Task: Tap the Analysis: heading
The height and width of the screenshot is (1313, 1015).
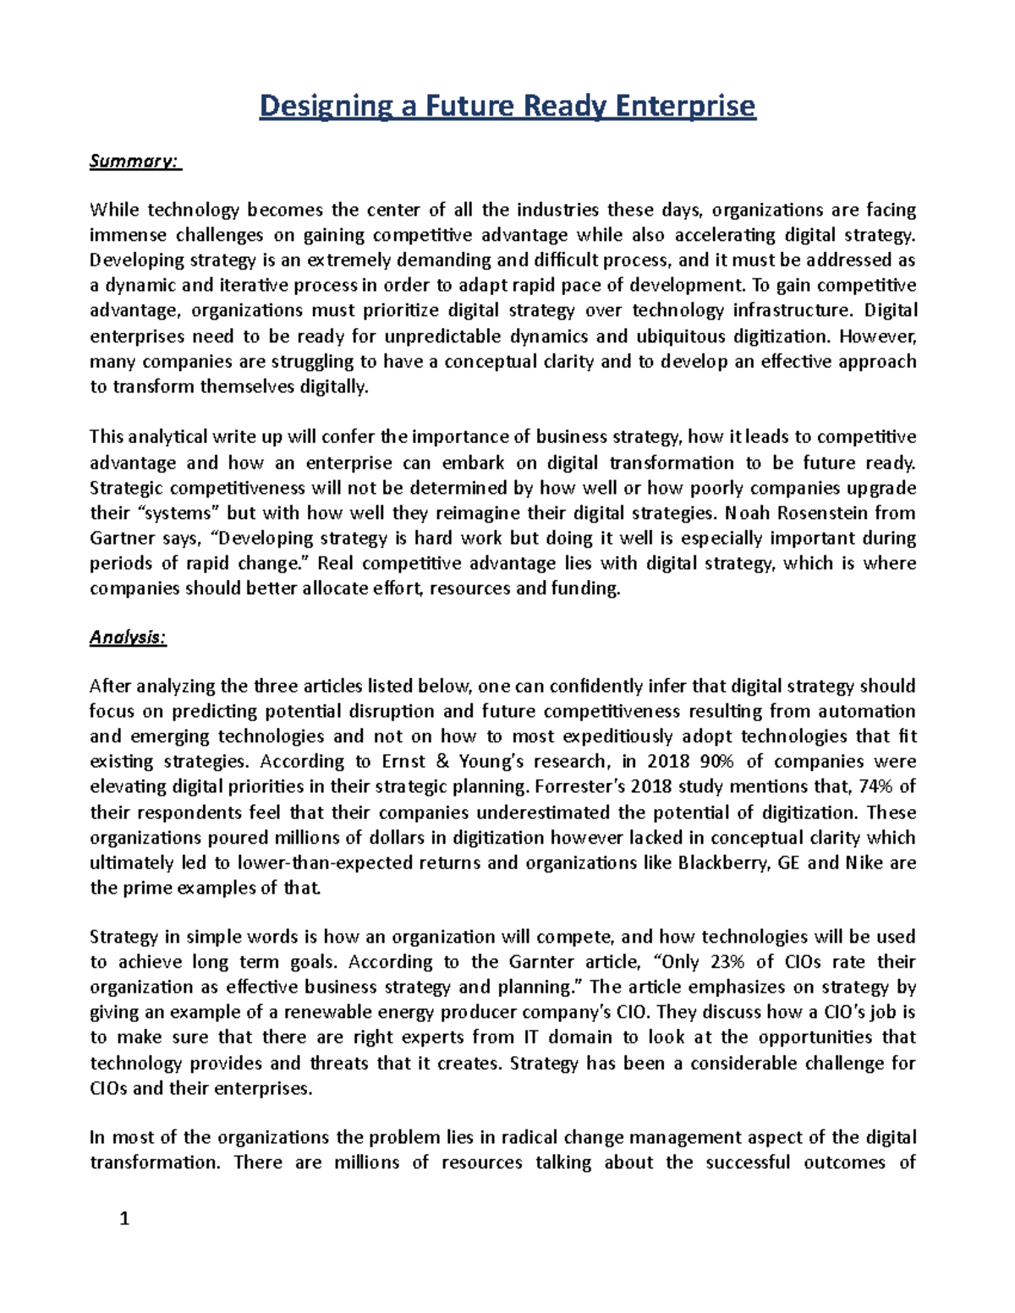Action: click(129, 638)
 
